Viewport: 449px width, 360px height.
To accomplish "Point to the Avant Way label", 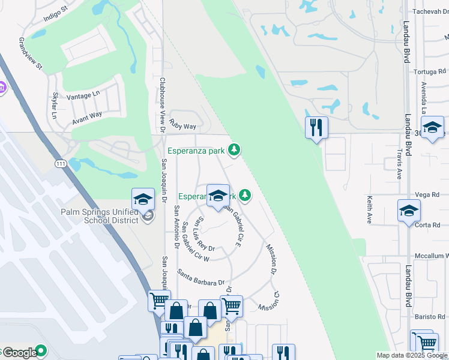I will [87, 116].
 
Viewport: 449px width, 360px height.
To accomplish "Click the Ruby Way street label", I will [182, 125].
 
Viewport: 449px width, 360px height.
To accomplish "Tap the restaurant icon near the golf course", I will [316, 127].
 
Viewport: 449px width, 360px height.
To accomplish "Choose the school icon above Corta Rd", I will [409, 211].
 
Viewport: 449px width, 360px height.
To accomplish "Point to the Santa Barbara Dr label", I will [200, 278].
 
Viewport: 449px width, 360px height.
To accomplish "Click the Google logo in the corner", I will [20, 353].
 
